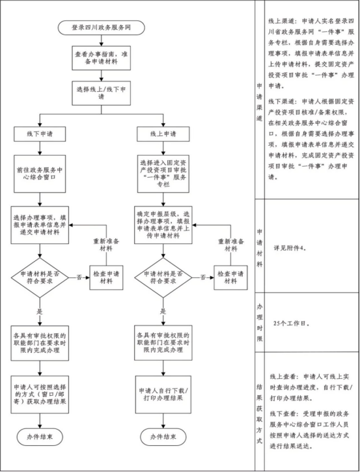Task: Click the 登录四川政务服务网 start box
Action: (102, 28)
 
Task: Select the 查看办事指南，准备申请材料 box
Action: (101, 58)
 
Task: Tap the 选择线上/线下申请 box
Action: (101, 93)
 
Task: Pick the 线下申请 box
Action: (40, 134)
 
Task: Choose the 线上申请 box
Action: (163, 134)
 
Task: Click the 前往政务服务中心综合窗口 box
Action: (40, 174)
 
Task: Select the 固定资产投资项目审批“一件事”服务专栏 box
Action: (163, 174)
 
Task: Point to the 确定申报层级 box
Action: (163, 225)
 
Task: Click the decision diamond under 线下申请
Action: (40, 277)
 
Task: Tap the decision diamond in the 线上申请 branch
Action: (163, 277)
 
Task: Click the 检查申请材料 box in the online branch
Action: (230, 277)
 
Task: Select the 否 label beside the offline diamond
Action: (79, 277)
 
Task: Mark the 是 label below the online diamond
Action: (163, 311)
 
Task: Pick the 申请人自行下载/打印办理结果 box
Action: (163, 395)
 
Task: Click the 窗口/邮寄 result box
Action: (40, 395)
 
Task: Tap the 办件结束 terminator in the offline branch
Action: (40, 437)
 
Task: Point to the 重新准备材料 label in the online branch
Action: (231, 245)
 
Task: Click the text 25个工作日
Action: (292, 324)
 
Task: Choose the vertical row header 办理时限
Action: (260, 322)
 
